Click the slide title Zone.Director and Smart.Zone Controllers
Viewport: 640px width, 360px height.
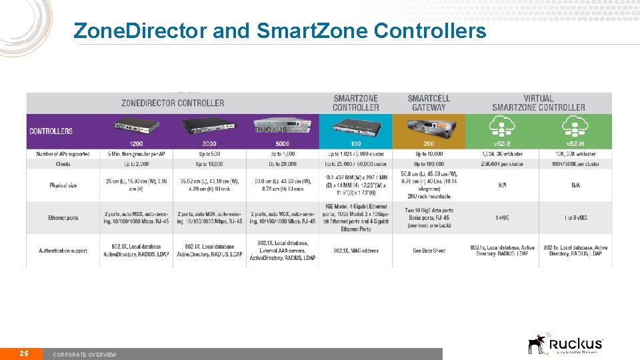280,31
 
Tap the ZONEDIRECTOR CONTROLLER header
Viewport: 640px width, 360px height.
173,103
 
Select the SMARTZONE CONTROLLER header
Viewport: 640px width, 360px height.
355,103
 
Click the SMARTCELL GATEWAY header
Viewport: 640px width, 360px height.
429,103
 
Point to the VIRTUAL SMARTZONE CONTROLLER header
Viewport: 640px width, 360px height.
538,103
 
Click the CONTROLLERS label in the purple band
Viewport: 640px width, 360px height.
51,131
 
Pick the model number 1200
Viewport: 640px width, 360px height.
136,143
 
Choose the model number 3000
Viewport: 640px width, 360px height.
209,143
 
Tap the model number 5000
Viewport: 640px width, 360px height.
283,143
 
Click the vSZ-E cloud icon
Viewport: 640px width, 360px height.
501,127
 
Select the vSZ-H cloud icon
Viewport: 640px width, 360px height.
575,127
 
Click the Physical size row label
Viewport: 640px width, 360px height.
63,185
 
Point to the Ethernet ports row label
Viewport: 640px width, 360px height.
63,218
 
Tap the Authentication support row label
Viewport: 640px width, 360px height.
63,251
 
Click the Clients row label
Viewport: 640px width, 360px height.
63,164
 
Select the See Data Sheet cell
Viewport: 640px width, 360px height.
429,251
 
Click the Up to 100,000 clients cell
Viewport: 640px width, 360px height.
429,164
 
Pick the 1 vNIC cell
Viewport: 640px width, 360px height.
501,218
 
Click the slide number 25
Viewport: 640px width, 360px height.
23,353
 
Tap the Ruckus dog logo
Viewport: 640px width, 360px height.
537,343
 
